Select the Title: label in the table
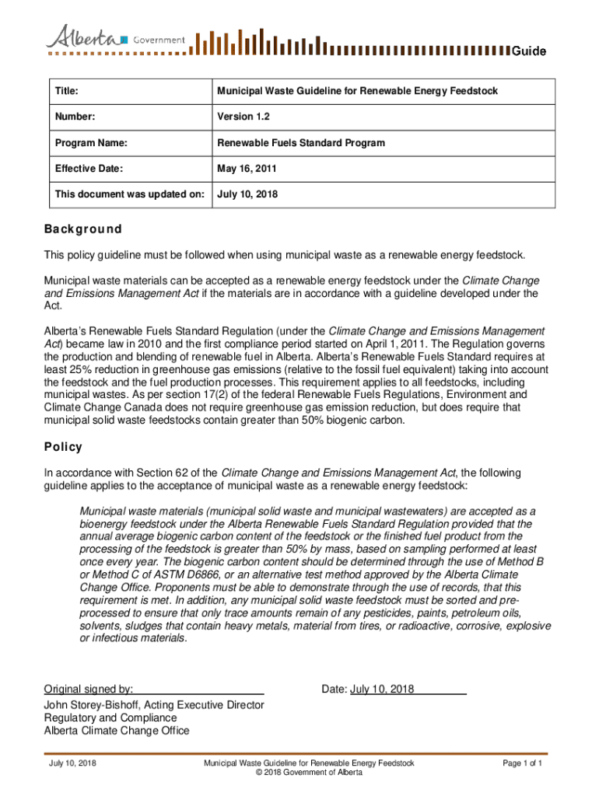click(x=68, y=92)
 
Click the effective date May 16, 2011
click(x=247, y=169)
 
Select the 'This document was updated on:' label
click(x=129, y=194)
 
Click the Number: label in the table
click(x=75, y=117)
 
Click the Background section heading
click(x=82, y=229)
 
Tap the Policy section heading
click(x=63, y=447)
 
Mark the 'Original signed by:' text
click(x=88, y=689)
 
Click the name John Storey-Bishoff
click(x=99, y=705)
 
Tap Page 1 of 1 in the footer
click(x=522, y=763)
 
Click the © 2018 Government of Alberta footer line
click(x=309, y=773)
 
